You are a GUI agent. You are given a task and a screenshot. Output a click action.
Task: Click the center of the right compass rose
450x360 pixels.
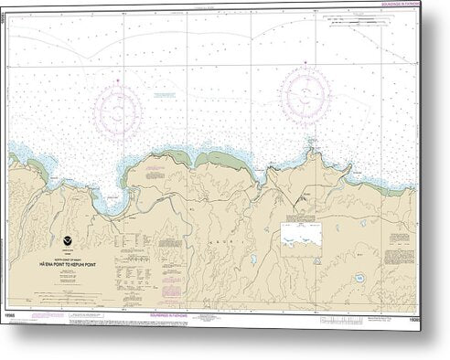tap(306, 90)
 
